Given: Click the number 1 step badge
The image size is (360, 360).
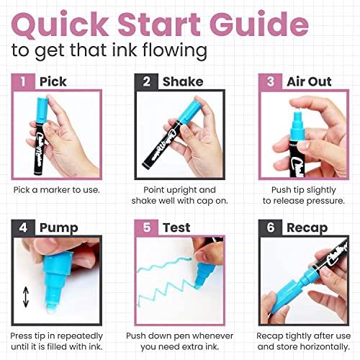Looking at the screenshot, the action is pyautogui.click(x=23, y=81).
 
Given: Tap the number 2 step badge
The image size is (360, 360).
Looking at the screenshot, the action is pyautogui.click(x=146, y=81).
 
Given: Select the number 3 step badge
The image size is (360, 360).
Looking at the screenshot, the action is pyautogui.click(x=270, y=81).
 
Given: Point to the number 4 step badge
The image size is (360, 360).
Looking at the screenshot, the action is pyautogui.click(x=23, y=228).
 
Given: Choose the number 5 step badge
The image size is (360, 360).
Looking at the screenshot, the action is pyautogui.click(x=146, y=228).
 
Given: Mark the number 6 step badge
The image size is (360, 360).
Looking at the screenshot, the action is pyautogui.click(x=270, y=228).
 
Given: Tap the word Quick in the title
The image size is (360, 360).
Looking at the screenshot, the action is pyautogui.click(x=60, y=25).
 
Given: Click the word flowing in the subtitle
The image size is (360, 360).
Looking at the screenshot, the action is pyautogui.click(x=175, y=51).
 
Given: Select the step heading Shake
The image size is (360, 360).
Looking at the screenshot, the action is pyautogui.click(x=183, y=81).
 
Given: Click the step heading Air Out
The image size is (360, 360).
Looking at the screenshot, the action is pyautogui.click(x=309, y=81).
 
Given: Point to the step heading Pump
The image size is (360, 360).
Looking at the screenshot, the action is pyautogui.click(x=59, y=228).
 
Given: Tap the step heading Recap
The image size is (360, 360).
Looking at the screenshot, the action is pyautogui.click(x=307, y=228).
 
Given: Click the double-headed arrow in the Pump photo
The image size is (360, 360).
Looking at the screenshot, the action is pyautogui.click(x=26, y=297).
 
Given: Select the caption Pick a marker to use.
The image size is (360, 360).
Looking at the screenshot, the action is pyautogui.click(x=56, y=190).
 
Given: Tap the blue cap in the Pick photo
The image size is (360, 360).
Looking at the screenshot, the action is pyautogui.click(x=42, y=110).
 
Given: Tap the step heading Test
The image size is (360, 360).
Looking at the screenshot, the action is pyautogui.click(x=176, y=228).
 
